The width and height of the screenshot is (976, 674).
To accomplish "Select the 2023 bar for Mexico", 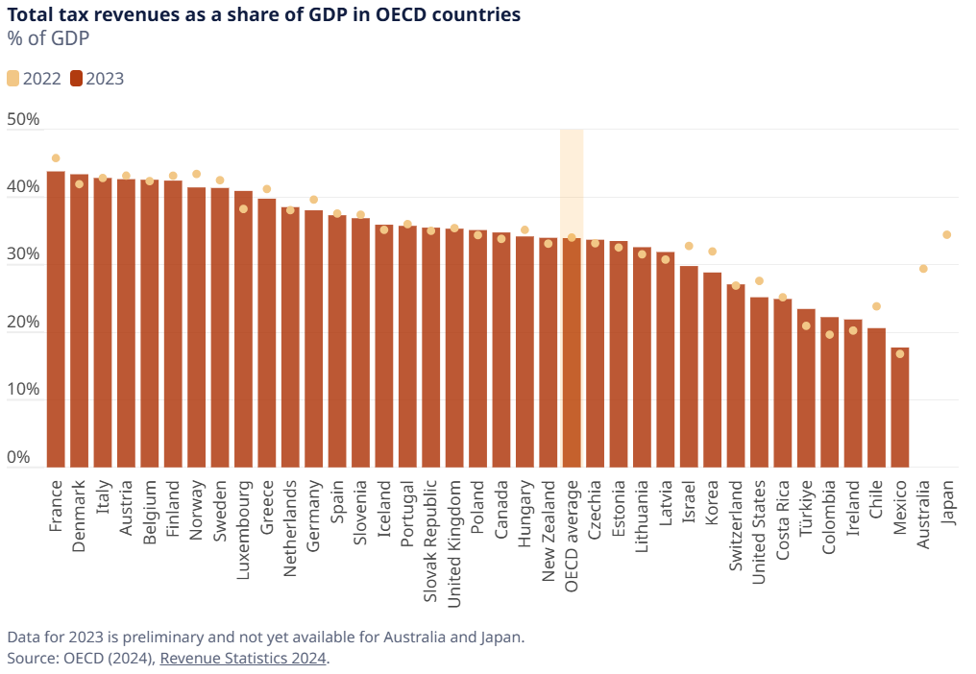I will (x=900, y=407).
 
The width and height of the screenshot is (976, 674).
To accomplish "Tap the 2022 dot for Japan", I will (x=946, y=234).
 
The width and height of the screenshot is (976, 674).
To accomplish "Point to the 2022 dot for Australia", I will (x=923, y=269).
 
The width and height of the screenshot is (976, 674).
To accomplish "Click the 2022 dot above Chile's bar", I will (x=876, y=306).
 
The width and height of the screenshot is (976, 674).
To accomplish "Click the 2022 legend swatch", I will (x=12, y=79).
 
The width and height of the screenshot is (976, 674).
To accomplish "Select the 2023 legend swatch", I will (x=76, y=79).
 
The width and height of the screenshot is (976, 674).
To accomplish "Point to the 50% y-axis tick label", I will (x=23, y=120).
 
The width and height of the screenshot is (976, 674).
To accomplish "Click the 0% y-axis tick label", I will (x=19, y=458).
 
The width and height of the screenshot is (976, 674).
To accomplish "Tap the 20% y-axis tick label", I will (x=23, y=323).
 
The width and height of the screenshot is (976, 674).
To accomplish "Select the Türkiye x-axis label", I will (x=807, y=508).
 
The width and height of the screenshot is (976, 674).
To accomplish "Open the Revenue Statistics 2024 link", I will (x=243, y=658).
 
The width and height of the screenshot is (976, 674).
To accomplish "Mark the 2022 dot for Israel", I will (x=688, y=246).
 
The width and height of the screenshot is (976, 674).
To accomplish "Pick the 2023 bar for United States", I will (x=759, y=382).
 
